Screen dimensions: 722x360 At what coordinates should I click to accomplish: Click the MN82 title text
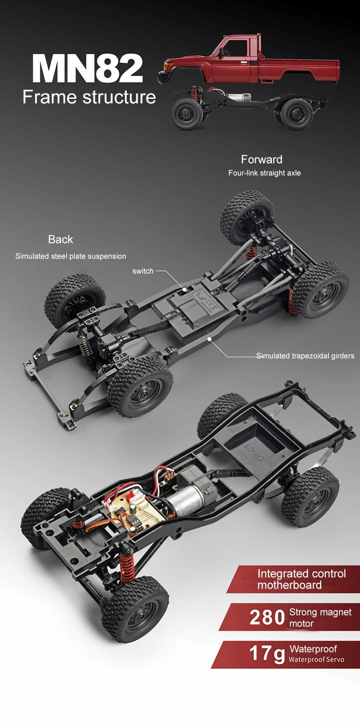click(87, 68)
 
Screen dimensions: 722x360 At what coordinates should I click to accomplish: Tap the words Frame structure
click(89, 97)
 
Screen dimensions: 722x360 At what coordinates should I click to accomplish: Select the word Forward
click(262, 159)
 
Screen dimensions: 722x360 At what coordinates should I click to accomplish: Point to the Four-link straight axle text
click(264, 173)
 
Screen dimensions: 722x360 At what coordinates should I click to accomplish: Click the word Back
click(60, 239)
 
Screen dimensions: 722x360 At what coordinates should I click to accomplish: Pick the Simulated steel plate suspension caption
click(71, 256)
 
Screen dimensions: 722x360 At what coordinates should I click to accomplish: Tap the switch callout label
click(143, 271)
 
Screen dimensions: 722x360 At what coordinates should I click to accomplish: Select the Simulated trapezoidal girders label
click(305, 356)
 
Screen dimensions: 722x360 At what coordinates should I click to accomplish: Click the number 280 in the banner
click(267, 618)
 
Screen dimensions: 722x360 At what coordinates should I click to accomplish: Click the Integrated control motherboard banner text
click(301, 579)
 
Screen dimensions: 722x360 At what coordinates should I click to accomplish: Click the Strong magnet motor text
click(320, 618)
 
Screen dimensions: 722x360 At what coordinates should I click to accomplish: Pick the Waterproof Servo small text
click(316, 660)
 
